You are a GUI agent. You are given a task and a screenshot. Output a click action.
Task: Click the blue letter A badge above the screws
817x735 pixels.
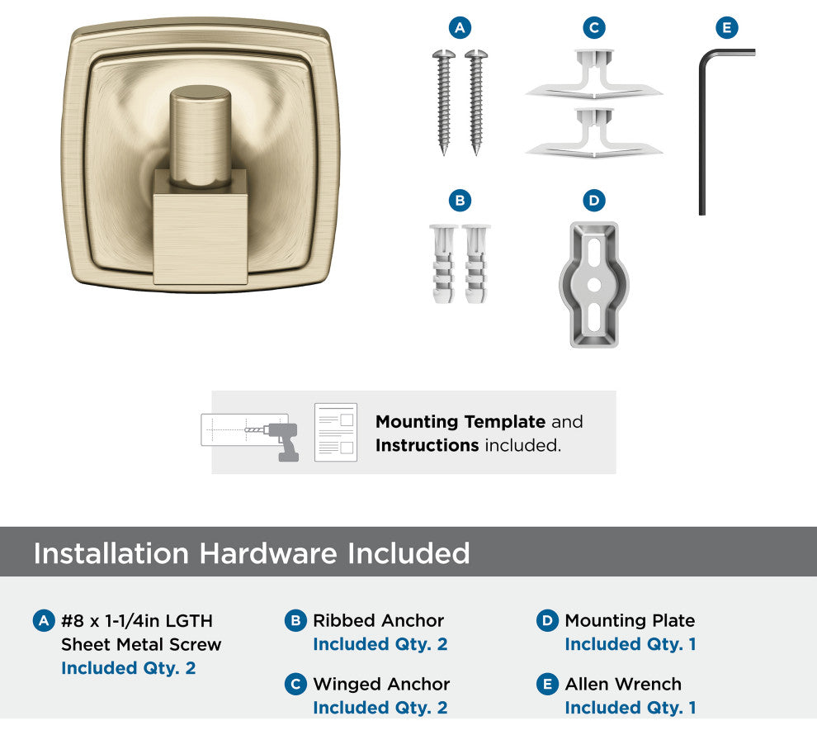[460, 27]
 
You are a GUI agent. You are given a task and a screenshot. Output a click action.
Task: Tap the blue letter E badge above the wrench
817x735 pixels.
[727, 27]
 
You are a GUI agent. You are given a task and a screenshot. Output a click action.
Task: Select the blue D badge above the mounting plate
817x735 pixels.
[594, 200]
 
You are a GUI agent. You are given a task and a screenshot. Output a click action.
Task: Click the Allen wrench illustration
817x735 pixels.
[701, 130]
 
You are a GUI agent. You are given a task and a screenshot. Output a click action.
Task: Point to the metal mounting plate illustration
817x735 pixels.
[594, 285]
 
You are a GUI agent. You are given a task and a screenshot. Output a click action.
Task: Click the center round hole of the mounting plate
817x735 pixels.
[594, 285]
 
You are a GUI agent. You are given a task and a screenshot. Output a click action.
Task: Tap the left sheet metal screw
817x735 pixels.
[444, 102]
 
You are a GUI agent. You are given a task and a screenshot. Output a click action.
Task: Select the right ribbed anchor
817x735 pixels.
[475, 263]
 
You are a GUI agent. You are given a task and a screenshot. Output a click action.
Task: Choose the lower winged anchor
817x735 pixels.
[594, 133]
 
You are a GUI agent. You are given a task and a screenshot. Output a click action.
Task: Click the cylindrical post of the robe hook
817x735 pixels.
[201, 135]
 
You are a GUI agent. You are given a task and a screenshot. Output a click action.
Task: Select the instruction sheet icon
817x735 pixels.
[336, 432]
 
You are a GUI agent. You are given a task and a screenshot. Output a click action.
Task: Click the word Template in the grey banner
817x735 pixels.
[504, 422]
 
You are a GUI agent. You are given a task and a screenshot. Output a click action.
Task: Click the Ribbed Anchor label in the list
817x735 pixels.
[378, 620]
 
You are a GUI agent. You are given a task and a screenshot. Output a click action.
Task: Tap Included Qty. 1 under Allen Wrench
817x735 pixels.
[630, 708]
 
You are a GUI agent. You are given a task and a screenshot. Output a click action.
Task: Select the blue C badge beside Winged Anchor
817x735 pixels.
[295, 684]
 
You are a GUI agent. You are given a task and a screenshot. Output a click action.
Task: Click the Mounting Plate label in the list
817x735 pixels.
[630, 620]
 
